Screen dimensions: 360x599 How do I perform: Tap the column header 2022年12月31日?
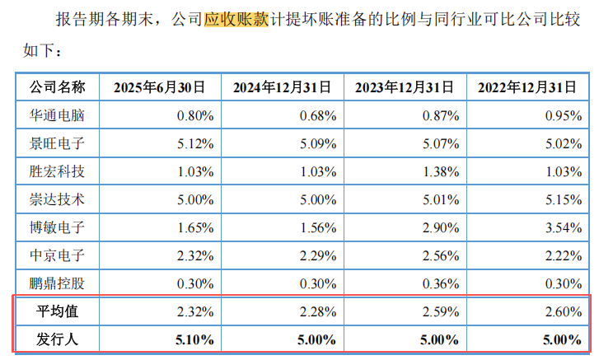(x=531, y=86)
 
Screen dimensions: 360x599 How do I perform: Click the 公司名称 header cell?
(x=57, y=86)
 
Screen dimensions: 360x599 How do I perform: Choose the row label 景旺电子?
(x=57, y=143)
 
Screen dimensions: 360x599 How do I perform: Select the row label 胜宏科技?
(x=57, y=171)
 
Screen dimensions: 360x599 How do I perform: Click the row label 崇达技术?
(x=57, y=199)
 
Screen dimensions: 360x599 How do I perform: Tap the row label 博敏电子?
(x=57, y=227)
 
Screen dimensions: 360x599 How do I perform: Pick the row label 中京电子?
(x=57, y=255)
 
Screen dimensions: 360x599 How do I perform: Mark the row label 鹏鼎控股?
(x=57, y=283)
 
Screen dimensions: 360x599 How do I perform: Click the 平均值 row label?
(x=57, y=311)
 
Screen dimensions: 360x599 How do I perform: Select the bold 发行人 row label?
(x=57, y=339)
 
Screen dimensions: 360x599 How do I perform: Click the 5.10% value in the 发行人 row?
(x=195, y=339)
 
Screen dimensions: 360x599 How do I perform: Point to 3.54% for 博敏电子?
(x=564, y=227)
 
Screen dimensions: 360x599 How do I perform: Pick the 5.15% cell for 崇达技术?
(x=564, y=199)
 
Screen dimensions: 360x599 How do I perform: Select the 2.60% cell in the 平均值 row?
(x=564, y=311)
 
